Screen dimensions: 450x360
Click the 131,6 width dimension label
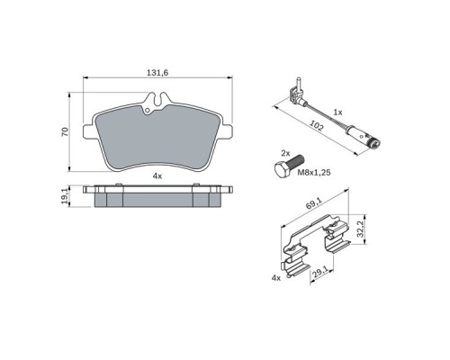pyautogui.click(x=157, y=72)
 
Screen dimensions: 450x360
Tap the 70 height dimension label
pyautogui.click(x=65, y=132)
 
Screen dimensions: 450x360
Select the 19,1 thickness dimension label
pyautogui.click(x=65, y=197)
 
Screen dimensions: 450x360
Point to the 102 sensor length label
pyautogui.click(x=316, y=126)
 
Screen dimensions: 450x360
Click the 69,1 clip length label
pyautogui.click(x=314, y=205)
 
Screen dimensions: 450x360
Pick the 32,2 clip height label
pyautogui.click(x=360, y=229)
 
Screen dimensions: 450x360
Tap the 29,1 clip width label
pyautogui.click(x=319, y=272)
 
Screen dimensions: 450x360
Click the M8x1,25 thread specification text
pyautogui.click(x=314, y=173)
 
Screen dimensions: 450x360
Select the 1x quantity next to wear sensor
pyautogui.click(x=337, y=112)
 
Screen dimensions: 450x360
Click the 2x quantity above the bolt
pyautogui.click(x=285, y=154)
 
